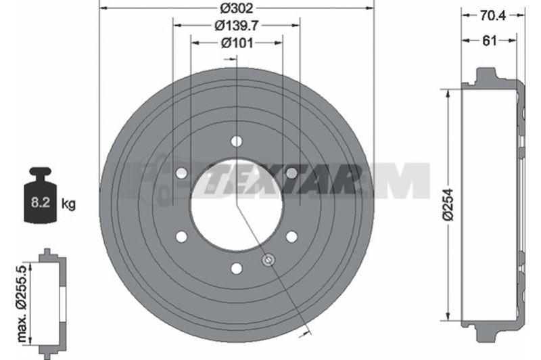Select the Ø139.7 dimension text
tap(237, 25)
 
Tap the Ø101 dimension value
tap(237, 43)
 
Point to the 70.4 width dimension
tap(493, 15)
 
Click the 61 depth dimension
tap(489, 41)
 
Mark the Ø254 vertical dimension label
tap(448, 204)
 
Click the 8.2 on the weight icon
tap(41, 202)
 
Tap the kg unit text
tap(68, 204)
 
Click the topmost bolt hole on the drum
tap(236, 141)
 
